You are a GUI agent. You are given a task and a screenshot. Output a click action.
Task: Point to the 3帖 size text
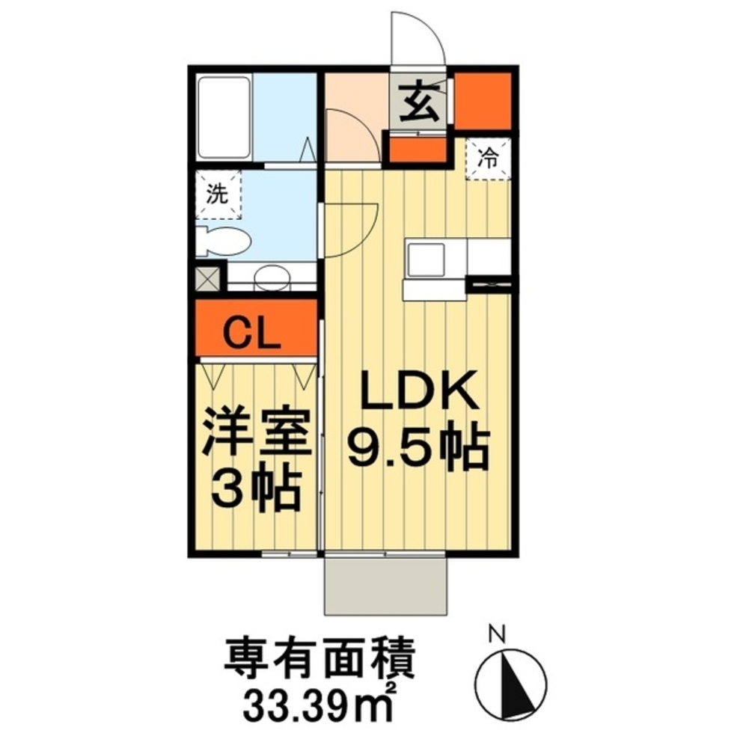pos(256,490)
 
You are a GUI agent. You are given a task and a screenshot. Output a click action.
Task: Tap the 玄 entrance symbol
pos(419,102)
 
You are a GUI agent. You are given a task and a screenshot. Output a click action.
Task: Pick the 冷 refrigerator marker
pos(489,159)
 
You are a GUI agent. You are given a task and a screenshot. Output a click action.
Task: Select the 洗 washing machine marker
pos(217,194)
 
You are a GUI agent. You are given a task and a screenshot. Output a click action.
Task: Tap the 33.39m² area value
pos(320,703)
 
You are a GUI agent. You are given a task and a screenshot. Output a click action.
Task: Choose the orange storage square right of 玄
pos(483,100)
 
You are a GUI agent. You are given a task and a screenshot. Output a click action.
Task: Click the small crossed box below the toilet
pos(207,278)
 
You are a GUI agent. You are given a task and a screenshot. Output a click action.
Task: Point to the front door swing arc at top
pos(419,37)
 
